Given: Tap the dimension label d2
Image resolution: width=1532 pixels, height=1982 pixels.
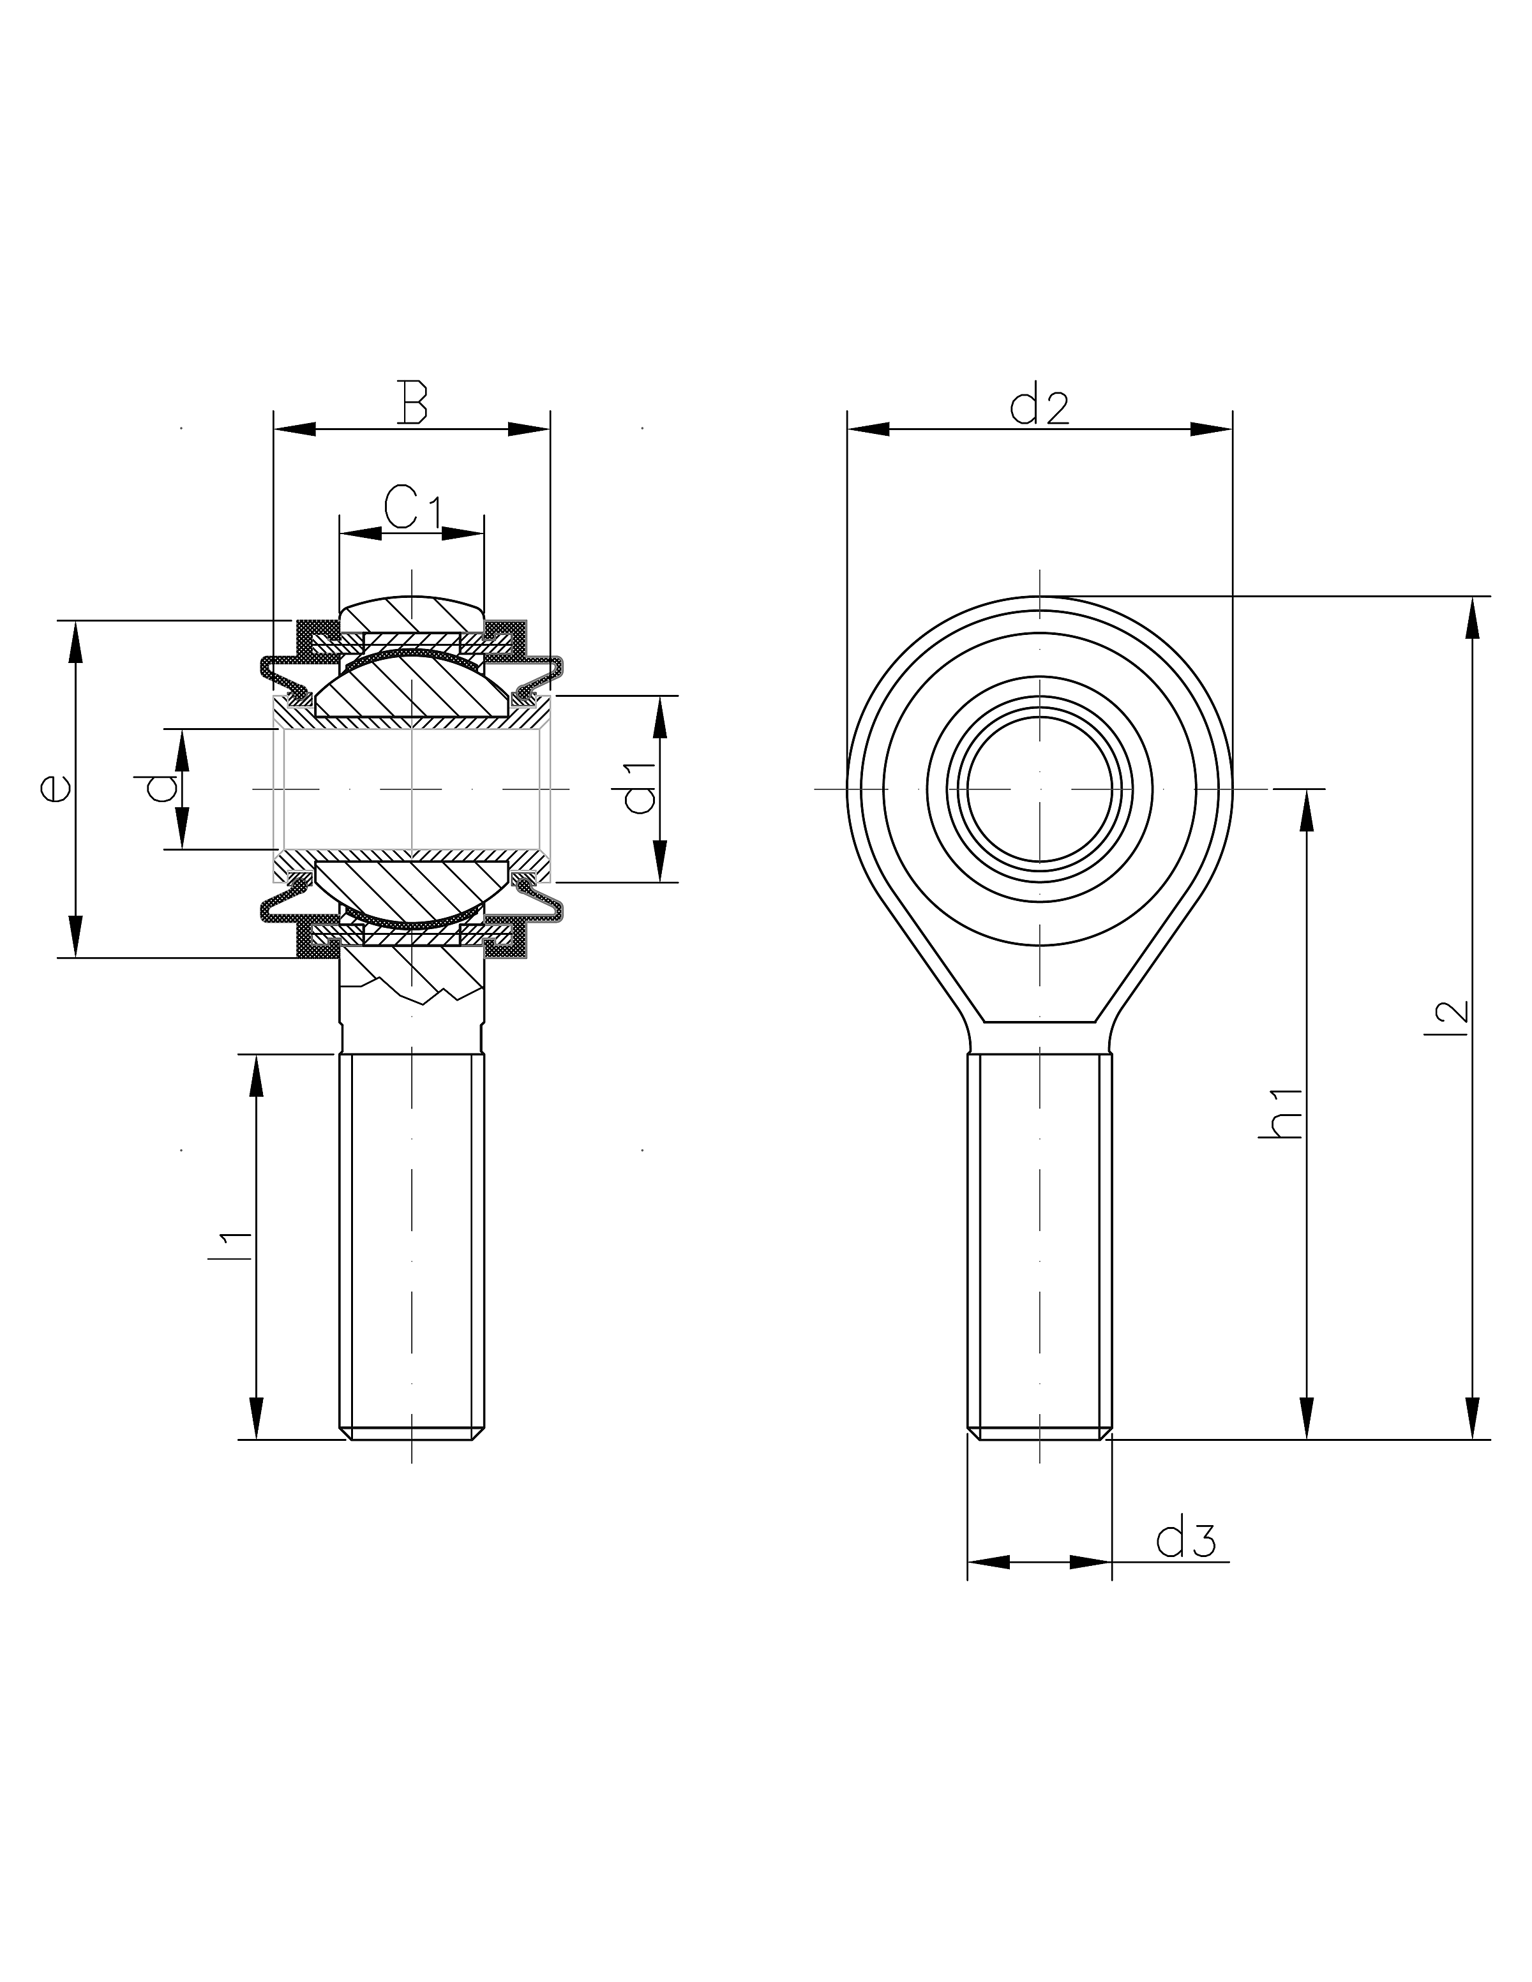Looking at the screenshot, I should [1039, 408].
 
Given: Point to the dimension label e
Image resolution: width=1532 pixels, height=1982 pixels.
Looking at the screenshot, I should [54, 789].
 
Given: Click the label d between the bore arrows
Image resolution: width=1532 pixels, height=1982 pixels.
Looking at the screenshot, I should [161, 789].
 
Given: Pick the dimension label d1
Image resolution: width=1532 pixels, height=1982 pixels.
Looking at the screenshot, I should [641, 789].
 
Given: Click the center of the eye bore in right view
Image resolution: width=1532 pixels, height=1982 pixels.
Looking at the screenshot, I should [1040, 789].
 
